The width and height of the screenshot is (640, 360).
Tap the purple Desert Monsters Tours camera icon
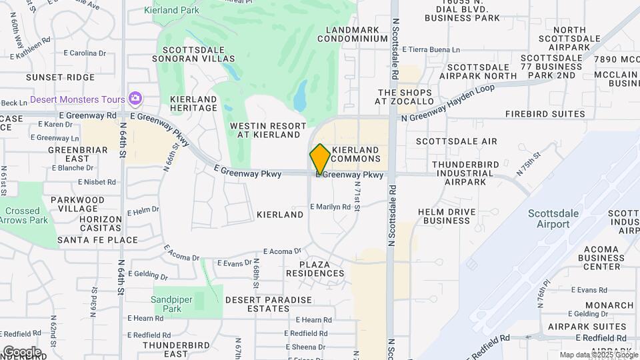click(x=135, y=99)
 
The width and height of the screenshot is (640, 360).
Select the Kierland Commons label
click(x=355, y=154)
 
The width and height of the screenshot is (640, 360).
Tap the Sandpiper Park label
click(x=166, y=304)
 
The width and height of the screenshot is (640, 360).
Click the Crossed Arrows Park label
click(x=24, y=215)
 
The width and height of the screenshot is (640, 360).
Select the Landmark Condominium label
click(x=353, y=34)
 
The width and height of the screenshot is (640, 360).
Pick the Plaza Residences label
click(x=315, y=269)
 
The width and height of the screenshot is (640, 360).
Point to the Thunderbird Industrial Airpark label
click(x=463, y=173)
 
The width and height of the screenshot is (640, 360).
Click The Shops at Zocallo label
click(x=405, y=97)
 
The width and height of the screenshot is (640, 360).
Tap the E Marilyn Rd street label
click(x=330, y=207)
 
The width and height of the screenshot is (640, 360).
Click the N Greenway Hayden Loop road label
click(x=448, y=103)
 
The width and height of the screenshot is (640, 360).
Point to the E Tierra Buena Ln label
click(x=430, y=50)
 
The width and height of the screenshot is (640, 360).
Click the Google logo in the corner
click(x=22, y=351)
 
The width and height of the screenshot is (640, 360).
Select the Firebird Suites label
click(x=545, y=114)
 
